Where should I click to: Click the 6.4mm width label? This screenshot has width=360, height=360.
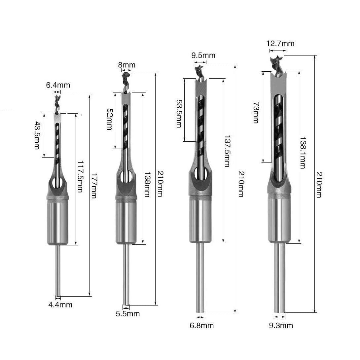[x=58, y=85]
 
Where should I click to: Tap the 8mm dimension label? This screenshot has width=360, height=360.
[x=127, y=65]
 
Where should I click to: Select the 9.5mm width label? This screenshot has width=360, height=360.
[x=203, y=55]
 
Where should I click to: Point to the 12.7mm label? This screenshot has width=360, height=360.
[x=280, y=43]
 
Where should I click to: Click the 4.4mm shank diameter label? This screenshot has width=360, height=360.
[x=60, y=305]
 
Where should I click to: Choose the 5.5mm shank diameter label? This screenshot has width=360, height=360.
[x=128, y=314]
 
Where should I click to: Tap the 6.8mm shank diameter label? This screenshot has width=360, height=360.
[x=201, y=325]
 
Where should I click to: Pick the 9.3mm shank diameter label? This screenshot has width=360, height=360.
[x=281, y=325]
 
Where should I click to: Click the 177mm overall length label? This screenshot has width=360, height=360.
[x=94, y=186]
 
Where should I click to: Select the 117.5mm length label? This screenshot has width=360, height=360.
[x=80, y=176]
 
